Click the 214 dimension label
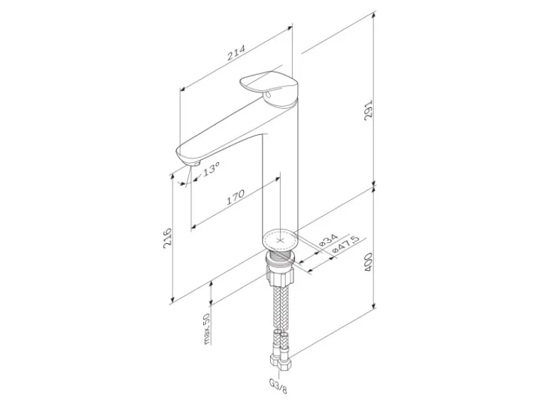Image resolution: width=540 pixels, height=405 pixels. coord(236,53)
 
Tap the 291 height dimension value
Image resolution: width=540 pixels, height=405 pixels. coord(369,110)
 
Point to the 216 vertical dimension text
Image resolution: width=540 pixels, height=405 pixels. coord(167,237)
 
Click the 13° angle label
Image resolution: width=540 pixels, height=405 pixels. coord(209,169)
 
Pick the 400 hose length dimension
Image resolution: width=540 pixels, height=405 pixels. coord(369,262)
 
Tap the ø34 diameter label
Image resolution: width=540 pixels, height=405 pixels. coord(328,240)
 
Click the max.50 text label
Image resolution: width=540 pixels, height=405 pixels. coord(207,329)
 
